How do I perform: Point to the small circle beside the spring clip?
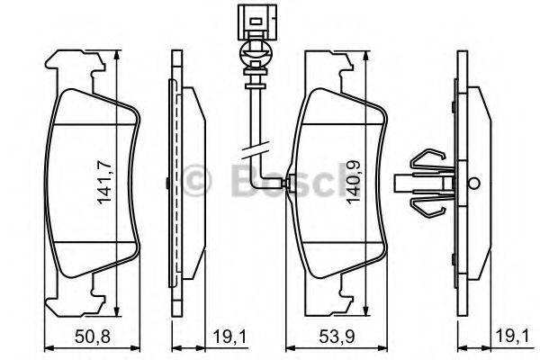coord(472,183)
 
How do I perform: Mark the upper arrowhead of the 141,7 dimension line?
coord(118,57)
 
